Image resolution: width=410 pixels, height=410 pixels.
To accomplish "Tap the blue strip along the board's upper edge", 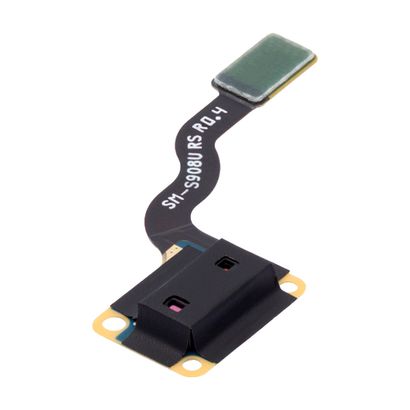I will (197, 243).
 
